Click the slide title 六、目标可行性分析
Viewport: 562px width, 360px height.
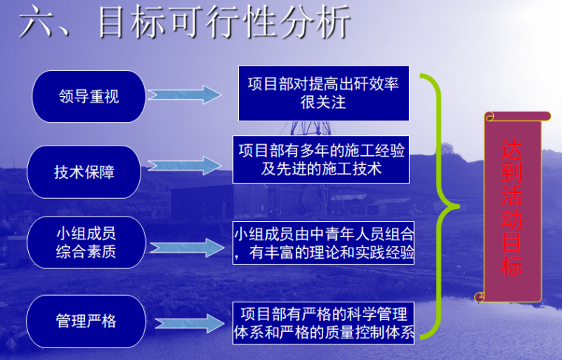pos(184,22)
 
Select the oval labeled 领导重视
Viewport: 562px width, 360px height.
pos(88,96)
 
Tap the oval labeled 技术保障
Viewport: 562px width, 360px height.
pos(84,172)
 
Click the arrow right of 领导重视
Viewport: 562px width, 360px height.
pos(184,95)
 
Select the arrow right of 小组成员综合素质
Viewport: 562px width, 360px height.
pos(184,246)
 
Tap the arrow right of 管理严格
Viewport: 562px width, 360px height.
pos(184,323)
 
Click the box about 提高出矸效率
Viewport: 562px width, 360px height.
pos(323,92)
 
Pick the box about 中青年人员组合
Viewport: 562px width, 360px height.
pos(323,242)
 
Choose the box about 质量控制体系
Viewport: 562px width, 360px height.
pos(323,322)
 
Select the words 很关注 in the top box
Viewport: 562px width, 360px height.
pos(323,103)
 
